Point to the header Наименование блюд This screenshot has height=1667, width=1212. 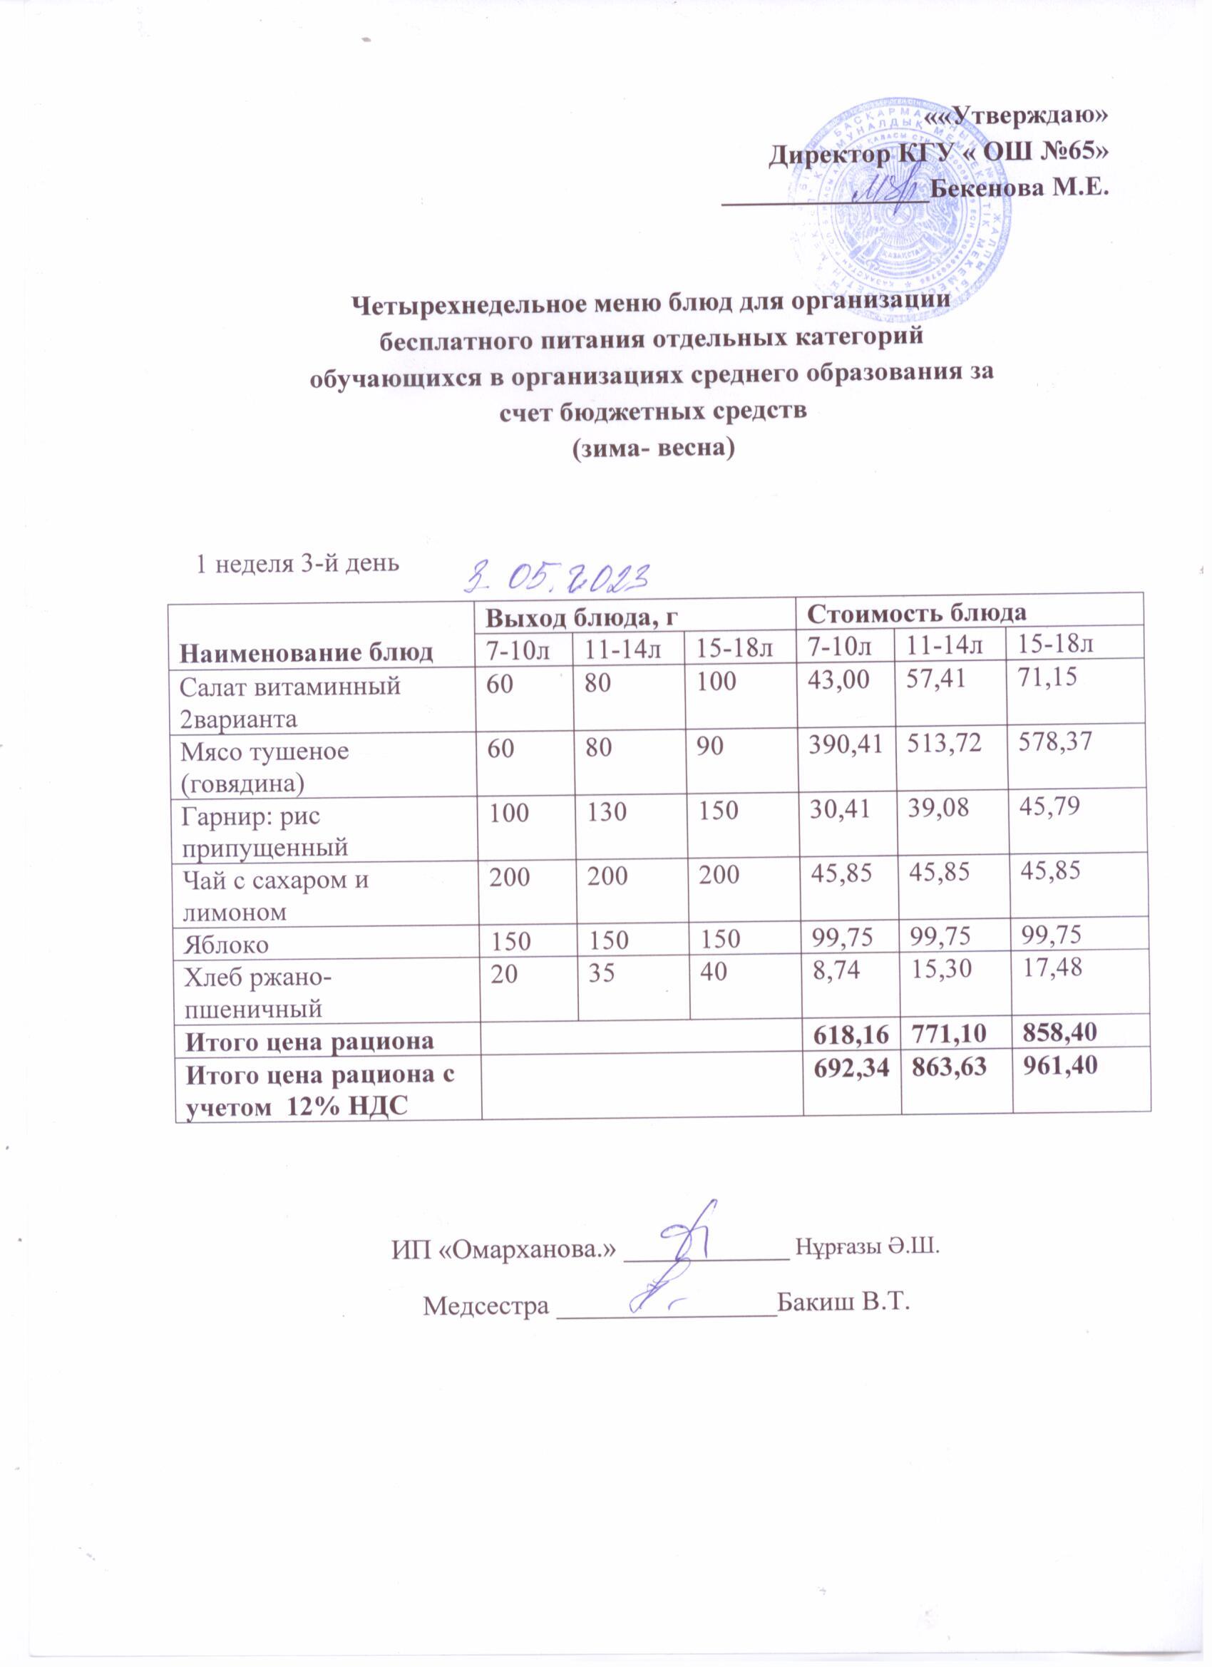click(308, 652)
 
